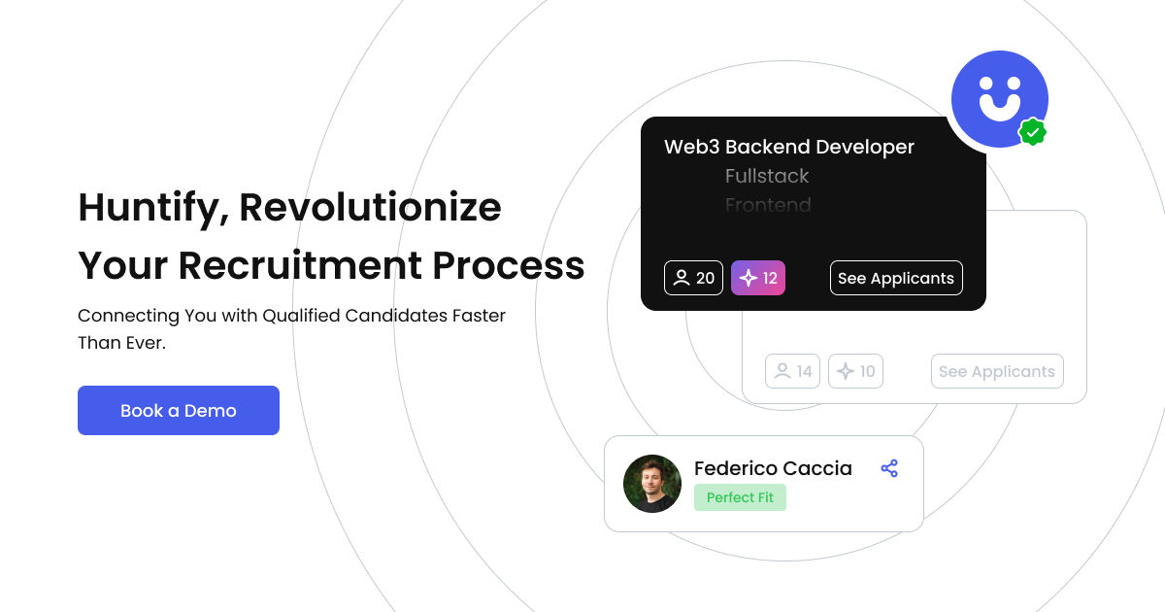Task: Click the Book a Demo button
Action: point(179,411)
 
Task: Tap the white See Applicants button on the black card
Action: point(896,278)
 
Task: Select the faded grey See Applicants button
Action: point(997,371)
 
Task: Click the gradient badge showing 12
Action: point(758,278)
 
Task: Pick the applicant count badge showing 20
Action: point(693,278)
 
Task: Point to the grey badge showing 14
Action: point(792,371)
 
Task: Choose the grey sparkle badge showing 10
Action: point(855,371)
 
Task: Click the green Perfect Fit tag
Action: point(740,497)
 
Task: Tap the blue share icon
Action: point(889,469)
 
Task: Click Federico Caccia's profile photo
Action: point(652,484)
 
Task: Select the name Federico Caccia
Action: point(773,468)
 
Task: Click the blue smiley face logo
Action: point(999,98)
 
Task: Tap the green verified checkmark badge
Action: point(1032,131)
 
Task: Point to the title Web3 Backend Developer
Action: point(788,147)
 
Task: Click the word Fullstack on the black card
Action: point(767,176)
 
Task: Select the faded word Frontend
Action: point(768,205)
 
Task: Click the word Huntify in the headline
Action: point(152,208)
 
